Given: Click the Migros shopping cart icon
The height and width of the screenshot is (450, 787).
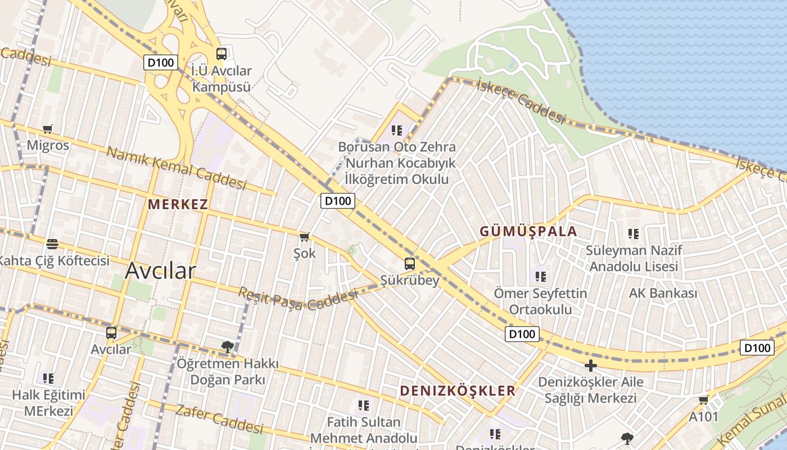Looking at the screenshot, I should (x=48, y=129).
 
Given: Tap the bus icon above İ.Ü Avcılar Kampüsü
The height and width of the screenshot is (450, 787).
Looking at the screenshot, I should (x=221, y=54).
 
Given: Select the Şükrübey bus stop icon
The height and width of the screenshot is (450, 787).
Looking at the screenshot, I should (x=410, y=263).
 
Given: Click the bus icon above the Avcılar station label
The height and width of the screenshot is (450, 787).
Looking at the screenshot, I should (x=111, y=332).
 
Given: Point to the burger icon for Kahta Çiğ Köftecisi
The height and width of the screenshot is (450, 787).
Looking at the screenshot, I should (x=52, y=244).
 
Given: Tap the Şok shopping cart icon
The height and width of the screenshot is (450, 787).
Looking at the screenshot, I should (x=305, y=237).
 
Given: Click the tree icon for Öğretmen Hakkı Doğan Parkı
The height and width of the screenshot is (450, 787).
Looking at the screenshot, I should (x=227, y=347).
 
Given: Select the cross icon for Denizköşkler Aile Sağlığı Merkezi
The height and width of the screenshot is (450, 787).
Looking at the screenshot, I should (x=590, y=366).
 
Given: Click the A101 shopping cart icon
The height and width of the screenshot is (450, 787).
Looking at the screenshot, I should (x=703, y=400).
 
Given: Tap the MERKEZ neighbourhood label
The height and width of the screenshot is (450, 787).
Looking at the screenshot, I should (x=178, y=204).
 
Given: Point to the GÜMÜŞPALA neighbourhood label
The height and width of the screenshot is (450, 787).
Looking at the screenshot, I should (x=528, y=231).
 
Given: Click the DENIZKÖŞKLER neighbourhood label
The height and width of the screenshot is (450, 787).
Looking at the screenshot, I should (x=458, y=391).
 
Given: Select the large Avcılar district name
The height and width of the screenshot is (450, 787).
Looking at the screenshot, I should (x=160, y=271).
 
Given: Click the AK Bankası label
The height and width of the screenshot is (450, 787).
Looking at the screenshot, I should (x=663, y=293).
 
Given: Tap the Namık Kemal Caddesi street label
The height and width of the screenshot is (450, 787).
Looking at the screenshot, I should (x=177, y=168).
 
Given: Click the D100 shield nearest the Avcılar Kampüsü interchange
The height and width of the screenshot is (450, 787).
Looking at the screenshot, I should (x=161, y=62).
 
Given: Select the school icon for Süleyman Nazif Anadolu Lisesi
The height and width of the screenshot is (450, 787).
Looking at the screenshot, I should (x=634, y=233).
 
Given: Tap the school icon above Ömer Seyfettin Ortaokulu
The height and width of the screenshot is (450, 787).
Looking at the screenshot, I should (x=541, y=276).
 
